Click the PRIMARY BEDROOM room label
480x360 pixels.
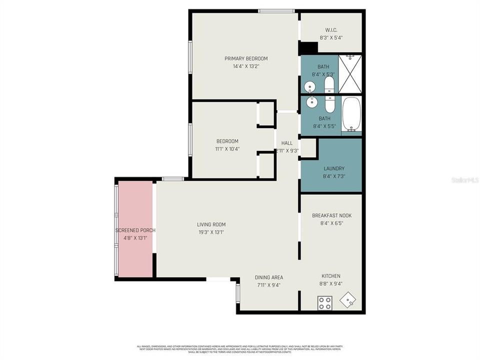click(245, 58)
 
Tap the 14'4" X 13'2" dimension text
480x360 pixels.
click(245, 66)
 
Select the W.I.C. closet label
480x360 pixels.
click(331, 29)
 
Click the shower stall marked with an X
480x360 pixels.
click(350, 74)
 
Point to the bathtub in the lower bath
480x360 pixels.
click(351, 114)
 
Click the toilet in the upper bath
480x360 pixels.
click(330, 84)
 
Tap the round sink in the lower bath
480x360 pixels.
click(312, 102)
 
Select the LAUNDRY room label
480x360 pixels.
click(333, 169)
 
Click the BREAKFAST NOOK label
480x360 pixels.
click(331, 215)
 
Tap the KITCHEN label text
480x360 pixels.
click(331, 276)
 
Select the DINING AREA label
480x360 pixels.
click(269, 277)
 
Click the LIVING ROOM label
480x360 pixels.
click(211, 224)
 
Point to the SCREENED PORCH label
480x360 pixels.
click(135, 230)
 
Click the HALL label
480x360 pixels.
click(287, 143)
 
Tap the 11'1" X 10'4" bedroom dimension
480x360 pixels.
click(227, 148)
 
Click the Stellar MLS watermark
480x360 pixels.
click(464, 179)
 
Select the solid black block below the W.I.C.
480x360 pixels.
click(308, 47)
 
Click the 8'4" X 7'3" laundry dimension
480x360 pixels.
click(333, 176)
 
